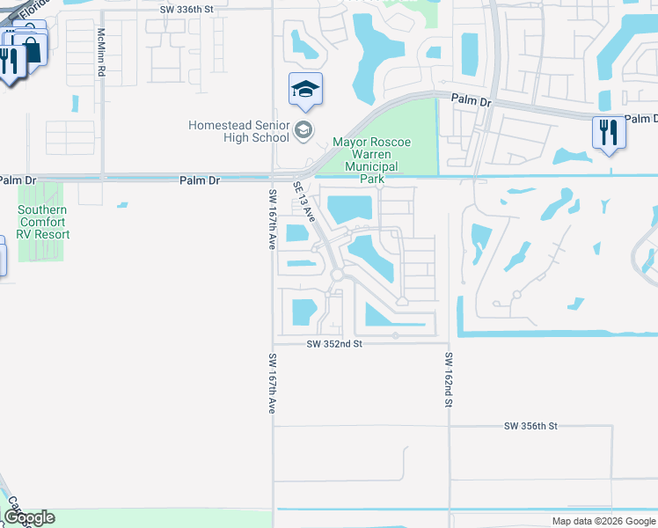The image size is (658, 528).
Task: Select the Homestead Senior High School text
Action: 238,131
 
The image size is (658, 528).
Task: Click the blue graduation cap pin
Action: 305,89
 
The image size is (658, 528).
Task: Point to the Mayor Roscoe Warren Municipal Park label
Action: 371,160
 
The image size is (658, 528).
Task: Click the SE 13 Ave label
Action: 304,202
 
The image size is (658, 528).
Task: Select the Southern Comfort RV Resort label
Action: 44,222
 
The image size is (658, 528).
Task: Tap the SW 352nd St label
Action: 334,345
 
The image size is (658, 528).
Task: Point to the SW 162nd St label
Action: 448,380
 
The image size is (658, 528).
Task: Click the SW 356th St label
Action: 530,426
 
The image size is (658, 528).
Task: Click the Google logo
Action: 29,517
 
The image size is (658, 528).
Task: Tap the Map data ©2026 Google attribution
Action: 603,521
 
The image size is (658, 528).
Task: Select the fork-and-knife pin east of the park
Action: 608,134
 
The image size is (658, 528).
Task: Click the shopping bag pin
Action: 30,48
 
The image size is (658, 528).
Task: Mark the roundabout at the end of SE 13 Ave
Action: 337,276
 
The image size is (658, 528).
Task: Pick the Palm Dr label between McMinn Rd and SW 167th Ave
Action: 199,180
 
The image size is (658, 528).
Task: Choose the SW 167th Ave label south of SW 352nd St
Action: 272,384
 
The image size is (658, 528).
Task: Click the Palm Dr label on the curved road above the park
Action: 472,101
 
